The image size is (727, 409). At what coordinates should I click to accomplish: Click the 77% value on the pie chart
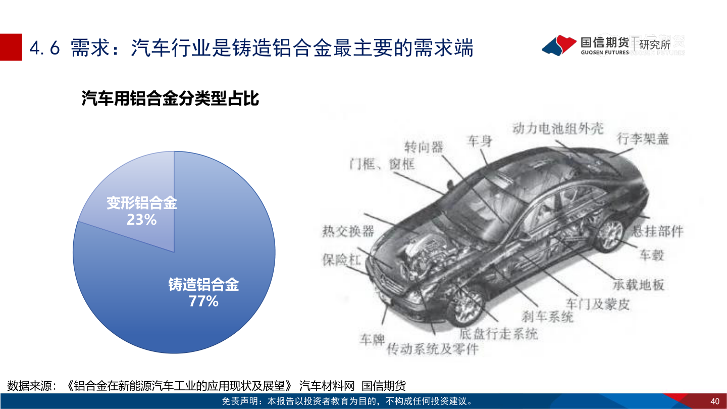tap(203, 301)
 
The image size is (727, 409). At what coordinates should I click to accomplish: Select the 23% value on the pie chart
tap(142, 220)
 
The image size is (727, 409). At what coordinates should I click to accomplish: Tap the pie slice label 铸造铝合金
tap(203, 285)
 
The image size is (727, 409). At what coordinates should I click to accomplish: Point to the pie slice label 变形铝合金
tap(142, 203)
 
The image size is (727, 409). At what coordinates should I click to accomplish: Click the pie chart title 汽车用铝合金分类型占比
tap(170, 98)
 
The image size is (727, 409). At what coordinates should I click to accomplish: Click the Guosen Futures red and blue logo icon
tap(559, 45)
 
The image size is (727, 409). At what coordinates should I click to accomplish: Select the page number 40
tap(714, 401)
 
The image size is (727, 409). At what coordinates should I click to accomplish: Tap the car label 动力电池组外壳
tap(557, 128)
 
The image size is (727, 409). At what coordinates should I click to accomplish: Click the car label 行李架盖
tap(643, 138)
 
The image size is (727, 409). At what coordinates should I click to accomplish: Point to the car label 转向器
tap(424, 147)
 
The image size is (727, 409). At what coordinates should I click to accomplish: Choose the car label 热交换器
tap(348, 231)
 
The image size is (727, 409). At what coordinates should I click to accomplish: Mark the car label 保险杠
tap(342, 260)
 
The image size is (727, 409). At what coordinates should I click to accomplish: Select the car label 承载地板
tap(638, 284)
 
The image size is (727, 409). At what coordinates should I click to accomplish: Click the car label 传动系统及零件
tap(432, 349)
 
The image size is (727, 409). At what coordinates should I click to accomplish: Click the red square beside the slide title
tap(11, 47)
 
